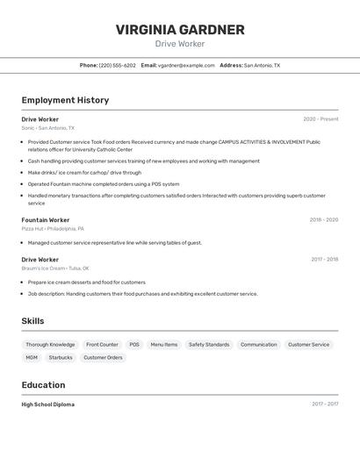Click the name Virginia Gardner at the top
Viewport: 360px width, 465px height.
click(180, 30)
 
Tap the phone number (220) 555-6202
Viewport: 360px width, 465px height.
click(117, 65)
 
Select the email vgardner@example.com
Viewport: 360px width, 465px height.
click(186, 65)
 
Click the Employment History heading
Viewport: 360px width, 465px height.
click(65, 100)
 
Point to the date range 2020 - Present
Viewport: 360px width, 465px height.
click(320, 118)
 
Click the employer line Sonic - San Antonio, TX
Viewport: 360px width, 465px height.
click(47, 128)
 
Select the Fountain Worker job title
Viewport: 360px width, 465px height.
click(46, 219)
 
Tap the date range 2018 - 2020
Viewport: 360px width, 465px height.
click(323, 219)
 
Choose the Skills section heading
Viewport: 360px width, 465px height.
click(32, 321)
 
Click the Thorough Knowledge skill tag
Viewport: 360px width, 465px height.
click(50, 345)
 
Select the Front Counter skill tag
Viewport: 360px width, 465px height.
click(102, 345)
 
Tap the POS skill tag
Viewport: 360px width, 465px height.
click(134, 345)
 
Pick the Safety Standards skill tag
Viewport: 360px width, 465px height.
click(209, 345)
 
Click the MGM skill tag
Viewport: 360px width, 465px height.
click(32, 358)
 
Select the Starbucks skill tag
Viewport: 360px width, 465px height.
click(61, 358)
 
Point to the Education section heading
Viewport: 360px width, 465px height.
click(43, 385)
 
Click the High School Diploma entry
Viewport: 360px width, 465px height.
click(47, 404)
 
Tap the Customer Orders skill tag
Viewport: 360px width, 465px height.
click(103, 358)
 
